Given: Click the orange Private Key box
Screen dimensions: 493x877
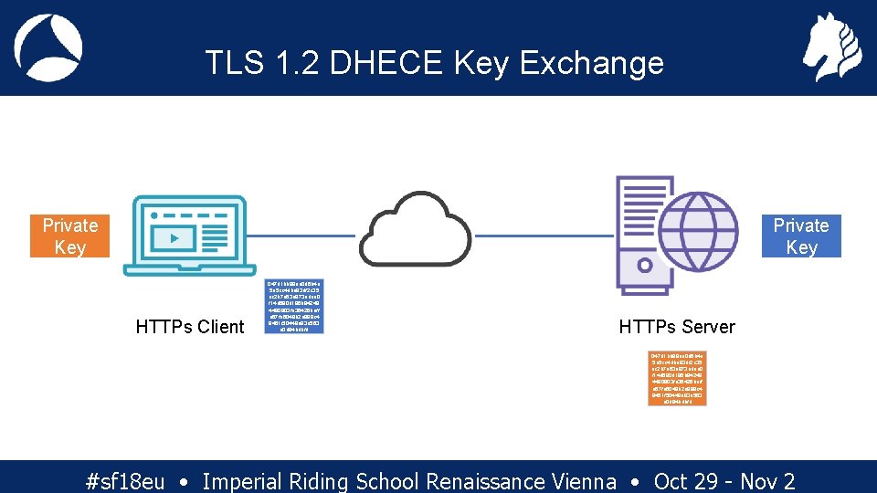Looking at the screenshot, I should [x=69, y=236].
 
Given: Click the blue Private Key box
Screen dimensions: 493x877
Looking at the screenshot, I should [x=800, y=236].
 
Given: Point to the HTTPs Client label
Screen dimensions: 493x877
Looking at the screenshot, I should [x=189, y=327].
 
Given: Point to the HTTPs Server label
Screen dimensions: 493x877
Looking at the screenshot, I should [x=676, y=327].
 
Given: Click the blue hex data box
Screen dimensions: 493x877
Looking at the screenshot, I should [x=293, y=306].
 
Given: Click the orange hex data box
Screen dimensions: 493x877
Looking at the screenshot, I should [x=677, y=378].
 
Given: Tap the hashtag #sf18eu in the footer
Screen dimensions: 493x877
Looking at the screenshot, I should [x=124, y=481].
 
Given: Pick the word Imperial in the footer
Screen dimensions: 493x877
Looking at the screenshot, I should [x=242, y=481].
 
